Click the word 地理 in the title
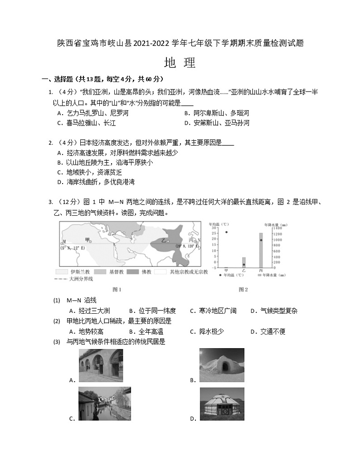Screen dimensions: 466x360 180,63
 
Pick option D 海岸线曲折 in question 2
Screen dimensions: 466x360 93,182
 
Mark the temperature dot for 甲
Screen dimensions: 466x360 226,232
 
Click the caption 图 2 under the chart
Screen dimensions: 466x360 243,289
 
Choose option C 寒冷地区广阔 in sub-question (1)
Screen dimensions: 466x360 213,311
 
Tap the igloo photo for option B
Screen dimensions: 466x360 222,365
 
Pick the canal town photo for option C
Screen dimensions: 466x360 104,404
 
